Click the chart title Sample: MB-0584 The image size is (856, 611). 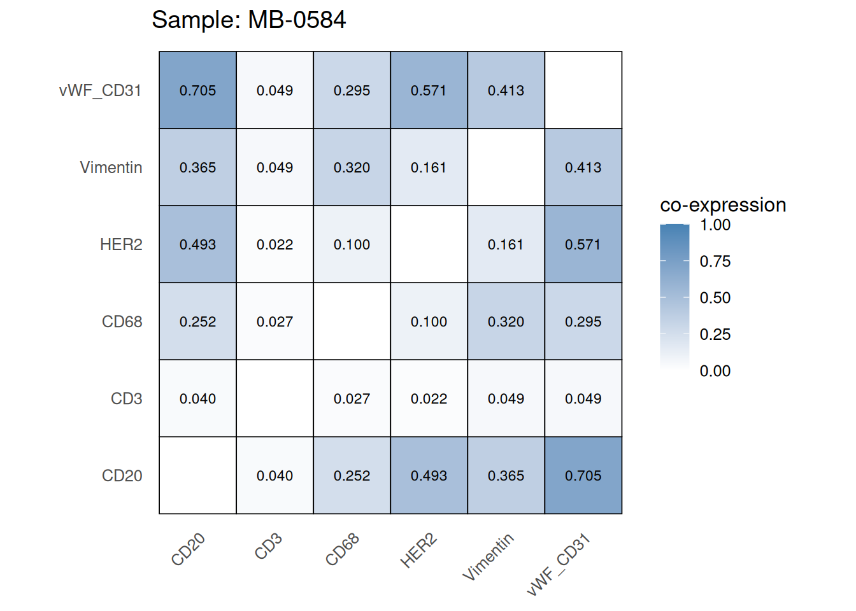click(248, 20)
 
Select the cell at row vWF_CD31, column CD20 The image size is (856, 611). click(197, 90)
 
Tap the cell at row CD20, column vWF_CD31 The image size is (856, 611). click(583, 475)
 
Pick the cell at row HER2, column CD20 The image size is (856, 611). click(197, 244)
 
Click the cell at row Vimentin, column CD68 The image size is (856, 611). click(352, 167)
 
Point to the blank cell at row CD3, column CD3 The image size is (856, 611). click(275, 398)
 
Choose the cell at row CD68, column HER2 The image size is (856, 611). click(429, 321)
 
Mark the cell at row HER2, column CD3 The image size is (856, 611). click(275, 244)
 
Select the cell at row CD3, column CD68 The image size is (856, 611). click(352, 398)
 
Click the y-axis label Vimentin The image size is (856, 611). click(111, 167)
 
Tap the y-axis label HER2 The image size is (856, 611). click(121, 244)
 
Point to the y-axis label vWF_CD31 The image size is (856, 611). click(100, 90)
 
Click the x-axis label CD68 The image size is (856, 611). click(343, 549)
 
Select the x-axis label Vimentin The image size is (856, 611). click(488, 557)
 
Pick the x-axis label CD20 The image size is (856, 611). click(189, 549)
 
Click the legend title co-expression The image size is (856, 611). click(723, 205)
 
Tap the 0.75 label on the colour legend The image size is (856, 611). click(715, 261)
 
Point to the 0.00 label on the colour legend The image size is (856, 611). click(715, 371)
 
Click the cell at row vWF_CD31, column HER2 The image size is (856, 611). click(429, 90)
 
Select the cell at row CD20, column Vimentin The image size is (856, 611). click(506, 475)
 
